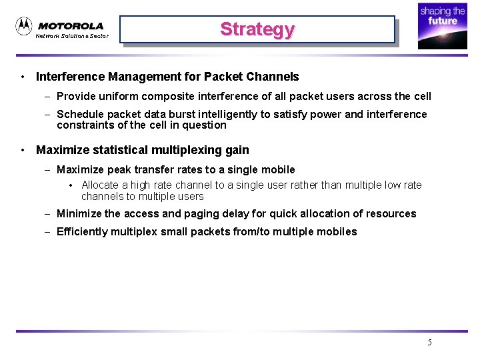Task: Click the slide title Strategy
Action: pyautogui.click(x=257, y=29)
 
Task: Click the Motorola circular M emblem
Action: pyautogui.click(x=24, y=26)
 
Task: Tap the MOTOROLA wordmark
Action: pyautogui.click(x=71, y=26)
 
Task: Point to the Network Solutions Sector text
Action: pyautogui.click(x=72, y=36)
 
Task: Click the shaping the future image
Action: pyautogui.click(x=442, y=26)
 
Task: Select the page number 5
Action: pyautogui.click(x=429, y=343)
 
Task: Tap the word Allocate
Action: pyautogui.click(x=100, y=185)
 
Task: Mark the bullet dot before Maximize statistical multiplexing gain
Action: pyautogui.click(x=23, y=150)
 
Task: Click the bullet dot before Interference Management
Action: pyautogui.click(x=23, y=77)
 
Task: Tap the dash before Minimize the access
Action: pyautogui.click(x=48, y=213)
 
